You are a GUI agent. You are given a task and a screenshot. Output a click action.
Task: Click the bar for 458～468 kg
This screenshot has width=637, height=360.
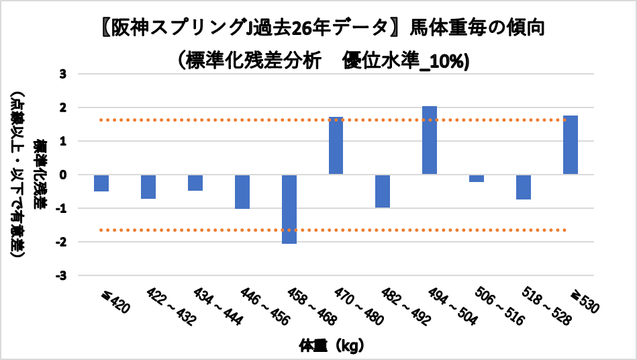289,209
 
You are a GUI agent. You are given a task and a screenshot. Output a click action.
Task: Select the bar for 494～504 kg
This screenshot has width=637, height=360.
430,140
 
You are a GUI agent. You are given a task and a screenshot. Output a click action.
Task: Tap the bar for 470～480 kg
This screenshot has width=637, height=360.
336,145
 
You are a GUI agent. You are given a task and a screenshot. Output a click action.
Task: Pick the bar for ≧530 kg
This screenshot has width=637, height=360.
571,144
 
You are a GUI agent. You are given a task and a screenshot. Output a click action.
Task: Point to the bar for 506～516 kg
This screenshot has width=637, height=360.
477,178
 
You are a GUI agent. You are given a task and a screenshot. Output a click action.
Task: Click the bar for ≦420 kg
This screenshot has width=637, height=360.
101,183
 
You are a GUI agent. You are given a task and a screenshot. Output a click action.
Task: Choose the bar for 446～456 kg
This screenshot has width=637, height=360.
242,191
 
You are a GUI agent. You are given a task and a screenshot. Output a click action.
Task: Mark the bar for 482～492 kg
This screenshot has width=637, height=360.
383,191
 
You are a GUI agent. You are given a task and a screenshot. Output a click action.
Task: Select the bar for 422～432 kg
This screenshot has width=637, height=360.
148,187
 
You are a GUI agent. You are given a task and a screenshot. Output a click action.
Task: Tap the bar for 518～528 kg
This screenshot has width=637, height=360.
524,187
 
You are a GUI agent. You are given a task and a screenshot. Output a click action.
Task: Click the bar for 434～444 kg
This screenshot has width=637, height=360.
195,183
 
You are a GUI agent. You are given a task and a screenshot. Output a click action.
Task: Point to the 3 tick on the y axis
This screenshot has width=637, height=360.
63,74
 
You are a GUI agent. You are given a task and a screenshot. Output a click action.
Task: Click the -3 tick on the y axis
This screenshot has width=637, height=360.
61,275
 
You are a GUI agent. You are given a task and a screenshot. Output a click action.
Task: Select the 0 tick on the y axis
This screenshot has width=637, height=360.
63,175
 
